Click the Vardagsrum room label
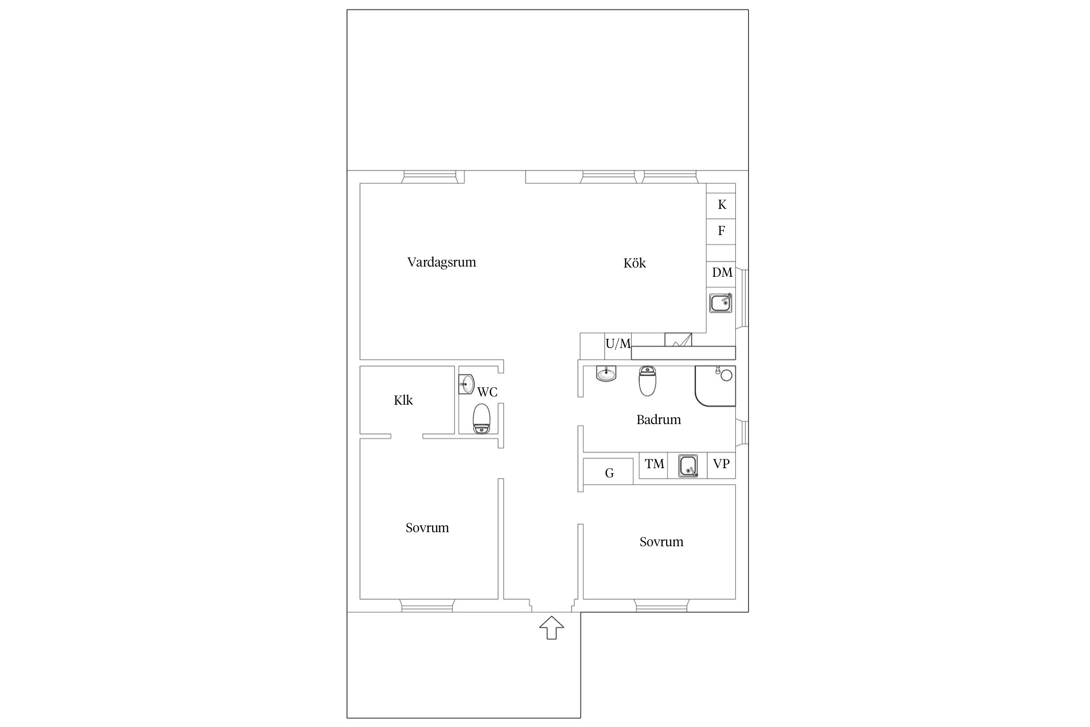[x=441, y=262]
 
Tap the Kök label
[x=635, y=263]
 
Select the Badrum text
[x=658, y=419]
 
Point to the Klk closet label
[x=403, y=400]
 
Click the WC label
[x=487, y=392]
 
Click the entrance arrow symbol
[x=552, y=628]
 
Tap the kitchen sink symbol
[x=721, y=303]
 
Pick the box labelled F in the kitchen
[x=721, y=232]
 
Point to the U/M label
[x=618, y=344]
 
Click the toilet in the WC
[x=482, y=419]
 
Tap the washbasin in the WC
[x=467, y=384]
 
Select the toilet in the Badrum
[x=647, y=380]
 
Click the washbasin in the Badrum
[x=606, y=374]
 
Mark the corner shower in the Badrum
[x=715, y=386]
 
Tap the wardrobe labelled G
[x=608, y=471]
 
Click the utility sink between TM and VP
[x=688, y=466]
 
